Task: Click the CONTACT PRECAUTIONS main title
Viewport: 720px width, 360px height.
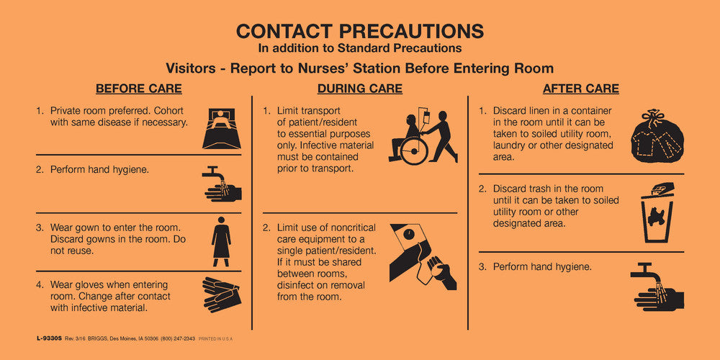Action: (x=360, y=31)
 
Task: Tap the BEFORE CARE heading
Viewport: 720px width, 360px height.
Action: (x=138, y=89)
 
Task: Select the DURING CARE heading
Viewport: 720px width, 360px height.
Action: (x=359, y=89)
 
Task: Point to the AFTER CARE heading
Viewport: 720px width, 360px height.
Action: (x=580, y=89)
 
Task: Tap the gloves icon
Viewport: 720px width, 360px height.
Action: (x=221, y=294)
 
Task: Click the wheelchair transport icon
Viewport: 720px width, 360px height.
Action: (x=423, y=137)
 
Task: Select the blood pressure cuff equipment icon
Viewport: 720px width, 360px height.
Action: (x=423, y=256)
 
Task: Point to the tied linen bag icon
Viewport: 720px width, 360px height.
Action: (x=657, y=136)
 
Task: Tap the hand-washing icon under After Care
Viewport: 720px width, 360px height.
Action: (x=656, y=287)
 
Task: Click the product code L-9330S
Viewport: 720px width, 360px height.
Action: (x=48, y=338)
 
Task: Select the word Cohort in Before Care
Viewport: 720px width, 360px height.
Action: (x=169, y=111)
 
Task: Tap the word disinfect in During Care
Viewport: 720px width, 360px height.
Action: (x=300, y=284)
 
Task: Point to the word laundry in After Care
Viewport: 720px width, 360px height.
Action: (x=511, y=145)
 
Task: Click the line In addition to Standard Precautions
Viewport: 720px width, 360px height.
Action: (x=360, y=48)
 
